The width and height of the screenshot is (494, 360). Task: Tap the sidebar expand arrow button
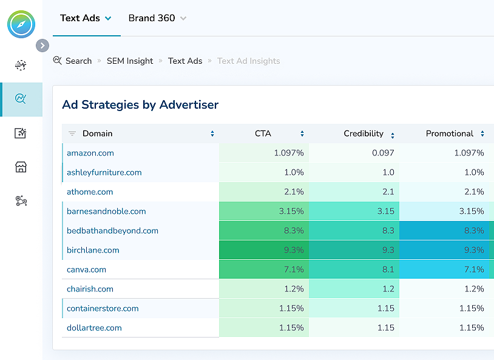tap(42, 46)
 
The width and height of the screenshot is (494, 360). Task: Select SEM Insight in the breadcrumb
tap(130, 61)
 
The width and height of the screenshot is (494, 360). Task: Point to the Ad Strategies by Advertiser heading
tap(140, 104)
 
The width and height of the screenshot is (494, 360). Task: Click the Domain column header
tap(98, 134)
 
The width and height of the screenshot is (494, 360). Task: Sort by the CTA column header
tap(263, 134)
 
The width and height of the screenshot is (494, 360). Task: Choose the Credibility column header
tap(364, 134)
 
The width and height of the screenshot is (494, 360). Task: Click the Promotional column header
tap(450, 134)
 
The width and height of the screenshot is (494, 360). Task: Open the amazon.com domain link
tap(90, 153)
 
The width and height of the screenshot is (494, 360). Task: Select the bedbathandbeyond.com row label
tap(112, 231)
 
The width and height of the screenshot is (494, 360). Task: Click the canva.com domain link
tap(86, 270)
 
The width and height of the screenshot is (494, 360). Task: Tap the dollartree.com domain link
tap(94, 328)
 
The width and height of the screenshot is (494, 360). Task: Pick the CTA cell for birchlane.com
tap(264, 250)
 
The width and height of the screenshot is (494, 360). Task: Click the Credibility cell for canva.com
tap(354, 270)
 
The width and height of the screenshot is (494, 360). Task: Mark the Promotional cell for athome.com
tap(446, 192)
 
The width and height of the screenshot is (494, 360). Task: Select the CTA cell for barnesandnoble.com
tap(264, 211)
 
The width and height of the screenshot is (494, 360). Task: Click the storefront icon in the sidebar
tap(21, 167)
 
